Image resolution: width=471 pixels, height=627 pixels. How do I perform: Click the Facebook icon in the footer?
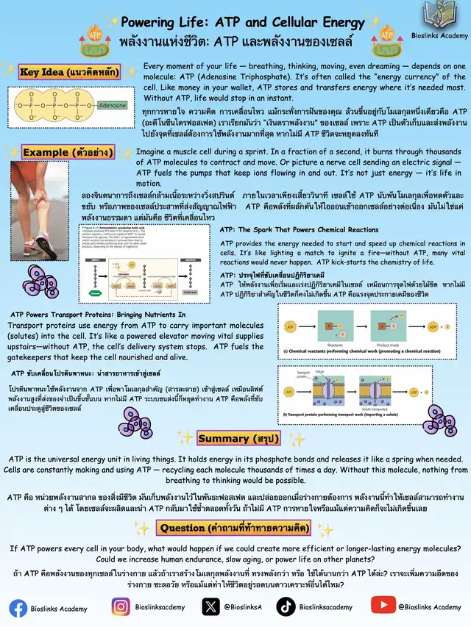coord(18,608)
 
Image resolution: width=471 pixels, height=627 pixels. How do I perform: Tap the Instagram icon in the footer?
coord(121,607)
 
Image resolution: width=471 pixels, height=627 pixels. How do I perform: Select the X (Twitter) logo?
coord(211,607)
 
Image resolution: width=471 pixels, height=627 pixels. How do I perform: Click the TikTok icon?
coord(286,607)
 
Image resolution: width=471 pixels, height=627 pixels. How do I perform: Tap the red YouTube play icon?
coord(383,606)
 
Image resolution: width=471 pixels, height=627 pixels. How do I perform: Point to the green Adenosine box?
coord(113,105)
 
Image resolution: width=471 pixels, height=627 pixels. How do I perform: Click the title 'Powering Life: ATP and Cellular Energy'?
coord(242,23)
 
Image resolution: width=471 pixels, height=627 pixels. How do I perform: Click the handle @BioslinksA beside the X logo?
coord(244,607)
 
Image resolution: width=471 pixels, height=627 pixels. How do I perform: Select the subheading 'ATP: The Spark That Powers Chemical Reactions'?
coord(299,230)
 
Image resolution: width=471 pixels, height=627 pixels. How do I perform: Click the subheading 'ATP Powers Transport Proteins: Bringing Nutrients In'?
coord(98,315)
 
